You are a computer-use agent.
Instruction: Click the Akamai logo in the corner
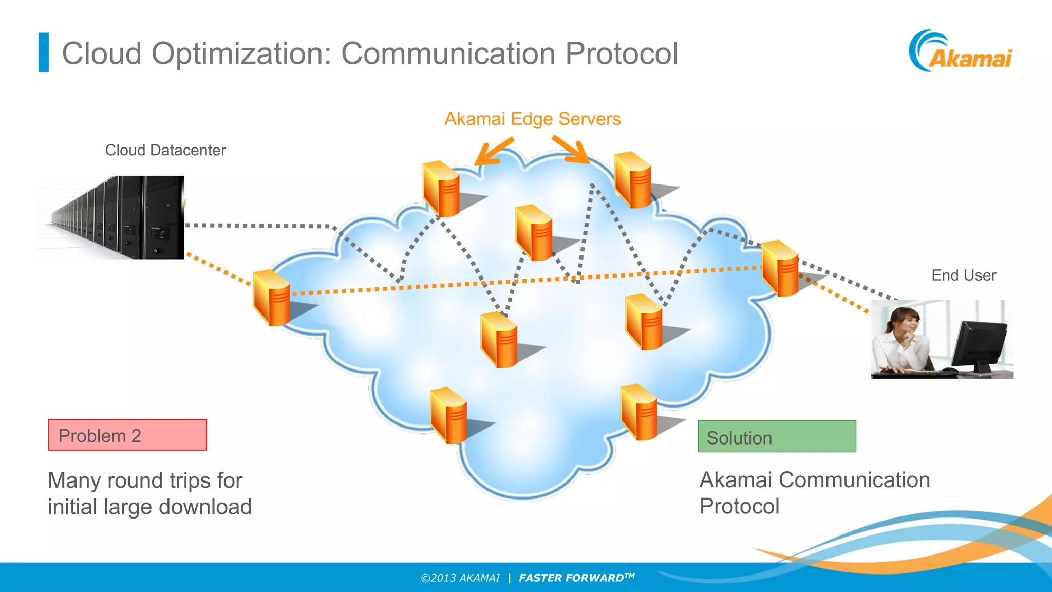pyautogui.click(x=961, y=51)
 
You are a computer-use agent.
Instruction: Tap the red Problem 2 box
pyautogui.click(x=127, y=435)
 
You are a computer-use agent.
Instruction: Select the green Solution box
pyautogui.click(x=777, y=437)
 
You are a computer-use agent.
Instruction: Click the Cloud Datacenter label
pyautogui.click(x=165, y=150)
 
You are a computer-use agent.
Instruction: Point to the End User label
pyautogui.click(x=964, y=275)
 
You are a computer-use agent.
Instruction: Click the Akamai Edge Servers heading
pyautogui.click(x=532, y=119)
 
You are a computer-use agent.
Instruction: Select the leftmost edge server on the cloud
pyautogui.click(x=272, y=298)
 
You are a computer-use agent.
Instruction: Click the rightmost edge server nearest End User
pyautogui.click(x=780, y=268)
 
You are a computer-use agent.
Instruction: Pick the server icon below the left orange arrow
pyautogui.click(x=441, y=189)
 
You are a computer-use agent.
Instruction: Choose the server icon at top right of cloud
pyautogui.click(x=633, y=180)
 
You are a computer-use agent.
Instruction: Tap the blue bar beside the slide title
pyautogui.click(x=44, y=52)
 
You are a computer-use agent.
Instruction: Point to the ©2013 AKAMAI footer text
pyautogui.click(x=460, y=578)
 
